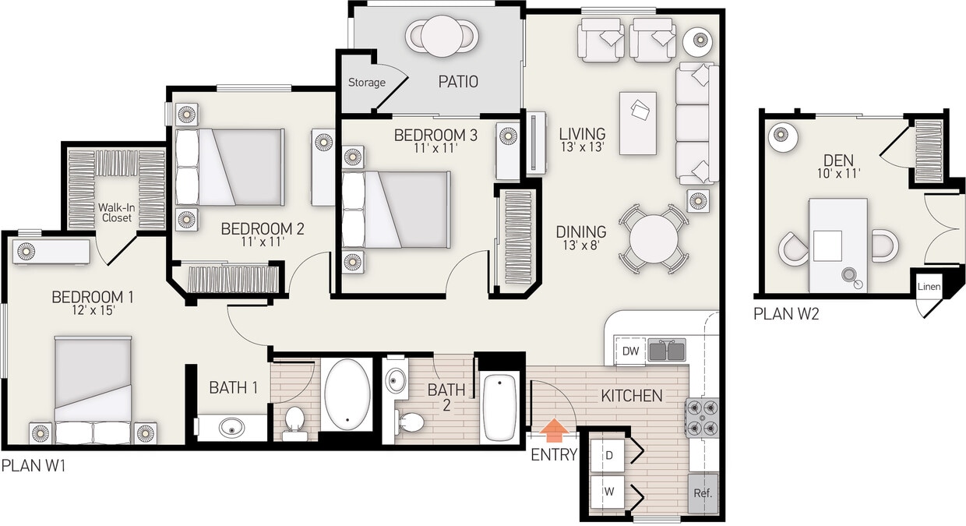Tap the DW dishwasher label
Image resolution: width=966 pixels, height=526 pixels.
[630, 351]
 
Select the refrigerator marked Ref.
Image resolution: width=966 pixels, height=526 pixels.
[703, 493]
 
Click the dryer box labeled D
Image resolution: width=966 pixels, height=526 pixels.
[609, 454]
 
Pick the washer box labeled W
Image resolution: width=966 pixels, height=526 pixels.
[609, 492]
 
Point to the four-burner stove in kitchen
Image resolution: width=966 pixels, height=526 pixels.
[701, 417]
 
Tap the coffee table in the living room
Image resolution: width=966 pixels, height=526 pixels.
[638, 123]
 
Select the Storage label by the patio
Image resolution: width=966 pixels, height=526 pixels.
[366, 83]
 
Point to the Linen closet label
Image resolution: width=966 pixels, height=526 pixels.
[929, 287]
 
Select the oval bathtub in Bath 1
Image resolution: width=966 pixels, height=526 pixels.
[349, 394]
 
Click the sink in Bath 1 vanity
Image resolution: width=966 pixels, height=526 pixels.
[231, 428]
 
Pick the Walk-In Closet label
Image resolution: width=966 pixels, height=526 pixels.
[117, 213]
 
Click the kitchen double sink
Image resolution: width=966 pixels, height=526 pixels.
[667, 351]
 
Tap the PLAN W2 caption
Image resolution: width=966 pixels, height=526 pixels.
[786, 315]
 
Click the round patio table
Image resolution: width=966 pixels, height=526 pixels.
[442, 36]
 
